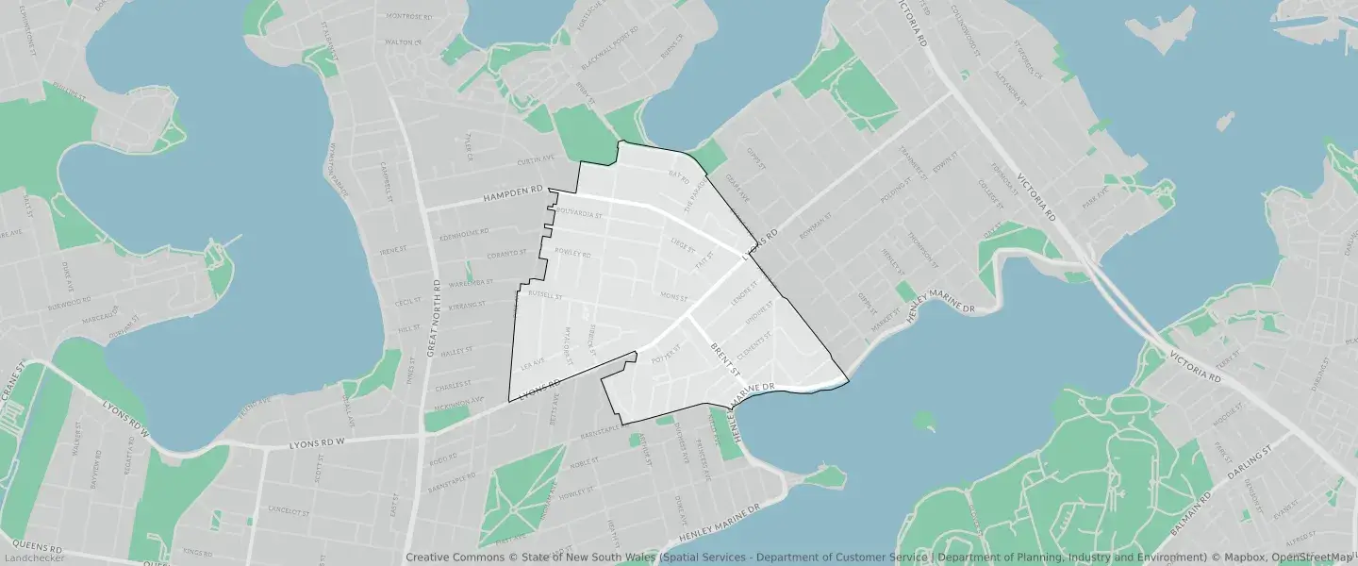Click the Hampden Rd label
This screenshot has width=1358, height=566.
(513, 195)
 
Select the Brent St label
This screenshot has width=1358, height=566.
(725, 358)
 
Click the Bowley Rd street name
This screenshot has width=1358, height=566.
(571, 254)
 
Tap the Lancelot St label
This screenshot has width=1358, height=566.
(289, 510)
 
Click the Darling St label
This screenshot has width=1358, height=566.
(1250, 458)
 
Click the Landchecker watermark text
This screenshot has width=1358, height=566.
(33, 558)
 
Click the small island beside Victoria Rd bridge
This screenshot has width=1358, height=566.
(1225, 122)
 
